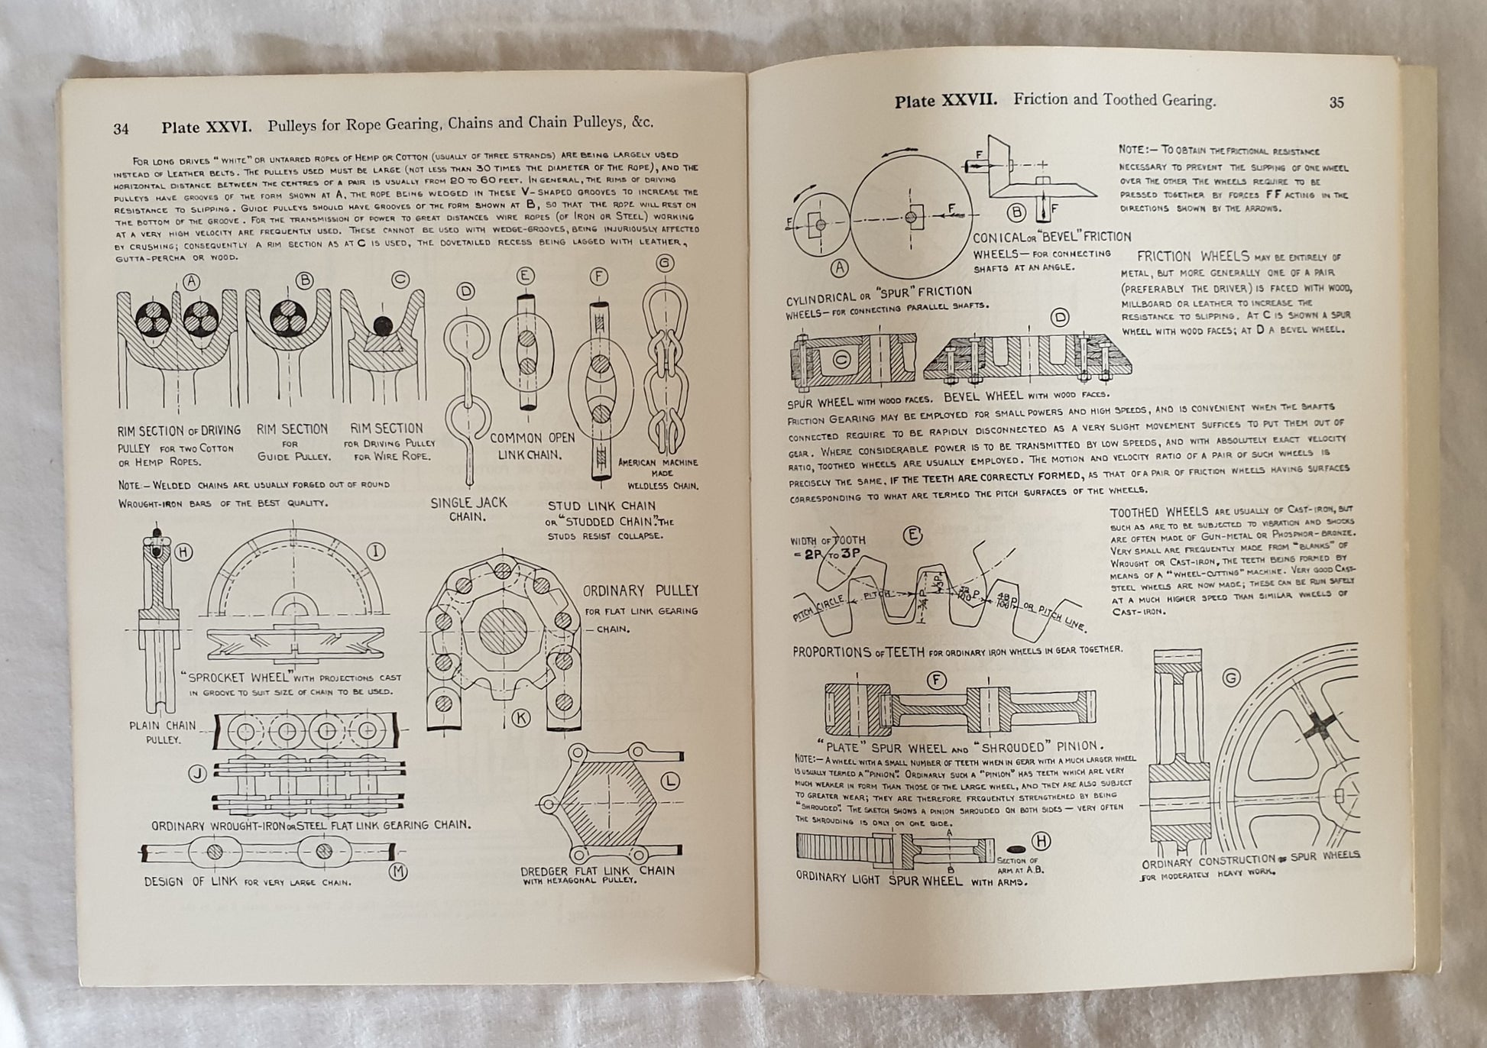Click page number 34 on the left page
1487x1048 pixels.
coord(121,129)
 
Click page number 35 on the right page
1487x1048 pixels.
coord(1336,102)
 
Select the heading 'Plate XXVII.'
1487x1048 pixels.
coord(945,101)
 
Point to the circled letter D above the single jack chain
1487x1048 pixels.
coord(465,291)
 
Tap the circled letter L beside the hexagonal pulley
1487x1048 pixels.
coord(670,781)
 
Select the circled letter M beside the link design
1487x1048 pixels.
coord(398,872)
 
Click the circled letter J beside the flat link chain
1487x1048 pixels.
coord(199,775)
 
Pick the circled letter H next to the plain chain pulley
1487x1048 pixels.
coord(184,552)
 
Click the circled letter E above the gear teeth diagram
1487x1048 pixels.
coord(912,535)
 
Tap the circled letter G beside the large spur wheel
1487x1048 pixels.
coord(1231,678)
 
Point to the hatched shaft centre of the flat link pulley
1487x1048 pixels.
coord(502,632)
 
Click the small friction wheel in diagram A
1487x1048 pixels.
coord(819,224)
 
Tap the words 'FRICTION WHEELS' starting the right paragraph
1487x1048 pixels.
coord(1193,257)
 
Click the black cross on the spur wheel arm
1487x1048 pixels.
coord(1321,726)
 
